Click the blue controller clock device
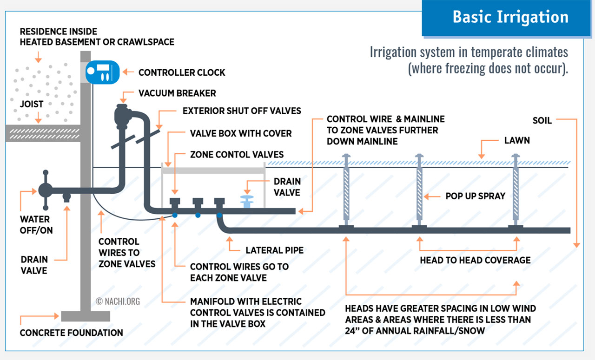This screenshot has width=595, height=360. click(102, 72)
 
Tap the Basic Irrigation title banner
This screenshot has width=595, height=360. click(510, 18)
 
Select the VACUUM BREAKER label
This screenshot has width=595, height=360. click(177, 93)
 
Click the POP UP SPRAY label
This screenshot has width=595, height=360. click(475, 196)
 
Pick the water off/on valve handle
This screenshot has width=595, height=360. click(46, 190)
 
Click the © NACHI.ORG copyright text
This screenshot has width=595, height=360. click(118, 301)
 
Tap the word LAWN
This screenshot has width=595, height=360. click(517, 140)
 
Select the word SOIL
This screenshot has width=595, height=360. click(542, 121)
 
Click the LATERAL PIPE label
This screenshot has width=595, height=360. click(274, 250)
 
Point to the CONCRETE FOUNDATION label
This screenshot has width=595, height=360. click(71, 333)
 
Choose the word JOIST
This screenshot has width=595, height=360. click(32, 105)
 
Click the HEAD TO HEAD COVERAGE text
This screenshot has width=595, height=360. click(475, 260)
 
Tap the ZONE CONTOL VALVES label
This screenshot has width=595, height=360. click(237, 154)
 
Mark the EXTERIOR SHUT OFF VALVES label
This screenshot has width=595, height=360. click(242, 111)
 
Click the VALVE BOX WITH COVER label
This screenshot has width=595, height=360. click(241, 133)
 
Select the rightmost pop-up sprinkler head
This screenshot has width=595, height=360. click(516, 190)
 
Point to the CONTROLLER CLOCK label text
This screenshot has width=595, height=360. click(182, 72)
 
